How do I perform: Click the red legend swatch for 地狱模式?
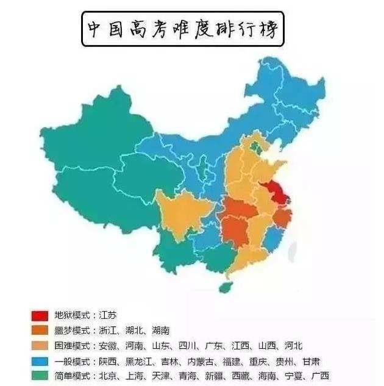pyautogui.click(x=39, y=316)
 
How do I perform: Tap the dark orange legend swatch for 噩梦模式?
pyautogui.click(x=39, y=331)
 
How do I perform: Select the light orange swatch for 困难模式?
pyautogui.click(x=39, y=345)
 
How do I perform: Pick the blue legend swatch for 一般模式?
pyautogui.click(x=39, y=360)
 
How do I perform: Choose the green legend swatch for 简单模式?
pyautogui.click(x=39, y=375)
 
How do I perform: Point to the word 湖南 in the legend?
pyautogui.click(x=160, y=331)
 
